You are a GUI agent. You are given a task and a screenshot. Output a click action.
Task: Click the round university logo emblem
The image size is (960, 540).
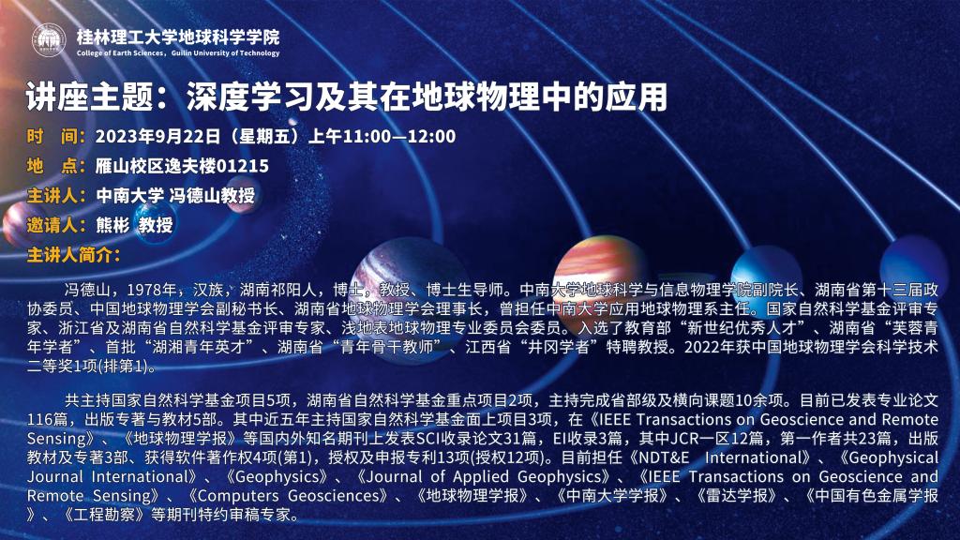(49, 40)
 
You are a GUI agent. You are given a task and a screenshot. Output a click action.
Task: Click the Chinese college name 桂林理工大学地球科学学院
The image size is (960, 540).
(178, 37)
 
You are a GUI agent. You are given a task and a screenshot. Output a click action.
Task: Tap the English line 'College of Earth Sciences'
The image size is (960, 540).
(120, 53)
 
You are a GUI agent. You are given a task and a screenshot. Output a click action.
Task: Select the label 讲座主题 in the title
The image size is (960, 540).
(90, 97)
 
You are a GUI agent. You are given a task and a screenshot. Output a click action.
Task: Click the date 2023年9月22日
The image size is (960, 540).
(157, 136)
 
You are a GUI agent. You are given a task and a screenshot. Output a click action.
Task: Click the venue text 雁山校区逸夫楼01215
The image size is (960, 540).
(182, 165)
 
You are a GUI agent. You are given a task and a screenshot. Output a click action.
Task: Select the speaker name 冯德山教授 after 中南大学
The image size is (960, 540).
(212, 195)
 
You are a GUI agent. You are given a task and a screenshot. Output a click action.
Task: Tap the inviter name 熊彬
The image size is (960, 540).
(112, 225)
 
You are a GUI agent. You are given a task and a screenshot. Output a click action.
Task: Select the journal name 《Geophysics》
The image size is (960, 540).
(277, 476)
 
